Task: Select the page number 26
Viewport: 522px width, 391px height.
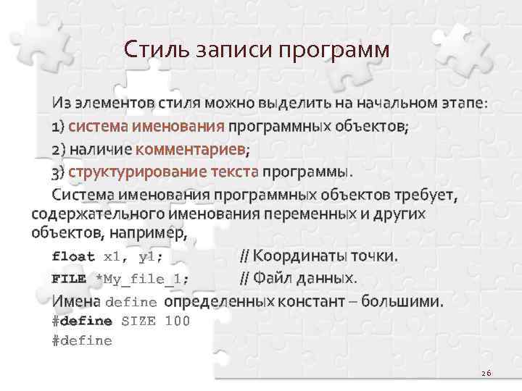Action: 485,373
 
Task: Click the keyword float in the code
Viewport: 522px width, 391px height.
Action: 73,256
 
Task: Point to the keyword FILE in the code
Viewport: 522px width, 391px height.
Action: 69,279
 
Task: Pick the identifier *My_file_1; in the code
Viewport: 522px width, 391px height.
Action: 142,279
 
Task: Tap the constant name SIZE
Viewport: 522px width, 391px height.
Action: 138,321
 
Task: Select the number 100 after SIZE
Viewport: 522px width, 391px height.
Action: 178,321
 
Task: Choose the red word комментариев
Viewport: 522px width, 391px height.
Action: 191,150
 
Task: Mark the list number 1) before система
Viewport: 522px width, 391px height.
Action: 58,127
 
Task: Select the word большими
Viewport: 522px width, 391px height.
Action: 407,300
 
